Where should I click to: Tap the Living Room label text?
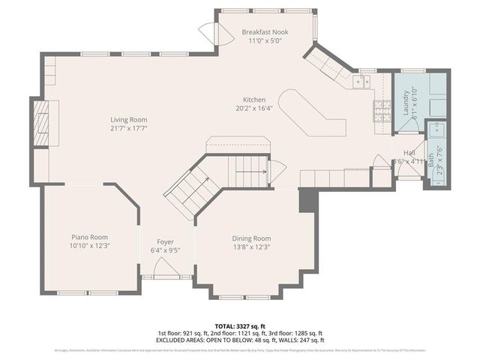[x=128, y=119]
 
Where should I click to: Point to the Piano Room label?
[x=90, y=236]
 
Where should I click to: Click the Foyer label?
[x=165, y=241]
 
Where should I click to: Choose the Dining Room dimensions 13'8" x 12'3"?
[x=251, y=247]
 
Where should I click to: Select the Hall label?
[x=409, y=151]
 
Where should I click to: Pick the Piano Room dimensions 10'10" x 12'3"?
[x=90, y=246]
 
